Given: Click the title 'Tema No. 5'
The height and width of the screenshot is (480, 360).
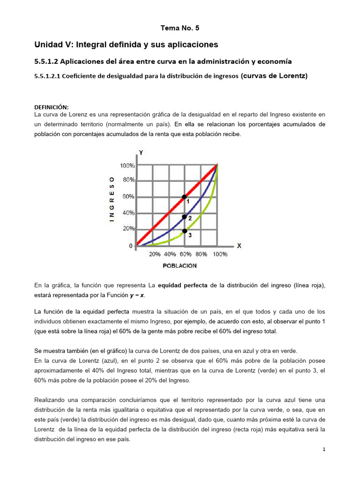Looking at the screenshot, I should pos(180,28).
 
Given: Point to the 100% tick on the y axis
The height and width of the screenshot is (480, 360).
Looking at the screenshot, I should pos(127,165).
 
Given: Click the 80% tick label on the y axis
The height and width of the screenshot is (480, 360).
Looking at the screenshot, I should pos(129,180).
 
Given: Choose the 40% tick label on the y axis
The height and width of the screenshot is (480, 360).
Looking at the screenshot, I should pos(129,213).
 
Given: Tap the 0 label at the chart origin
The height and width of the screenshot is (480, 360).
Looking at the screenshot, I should pos(131,246).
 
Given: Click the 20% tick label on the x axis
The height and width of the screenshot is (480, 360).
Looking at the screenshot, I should pos(155,255).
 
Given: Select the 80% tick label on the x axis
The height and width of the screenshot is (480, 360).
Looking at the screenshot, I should pos(201,255).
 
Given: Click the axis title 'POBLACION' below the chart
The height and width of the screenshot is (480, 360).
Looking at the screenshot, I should pos(180,266).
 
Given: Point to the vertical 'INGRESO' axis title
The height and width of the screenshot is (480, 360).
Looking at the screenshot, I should pos(112,198).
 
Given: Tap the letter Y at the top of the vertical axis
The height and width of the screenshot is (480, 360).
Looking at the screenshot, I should pos(141,152).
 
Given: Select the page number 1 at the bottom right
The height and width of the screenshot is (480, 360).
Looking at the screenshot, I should pos(323,450).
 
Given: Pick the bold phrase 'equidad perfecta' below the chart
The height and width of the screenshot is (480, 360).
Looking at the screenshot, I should pos(182,285).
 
